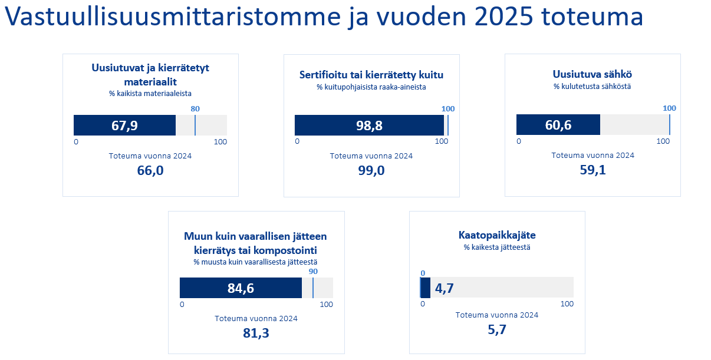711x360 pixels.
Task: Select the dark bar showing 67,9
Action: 124,125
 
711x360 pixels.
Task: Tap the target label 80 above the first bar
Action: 195,108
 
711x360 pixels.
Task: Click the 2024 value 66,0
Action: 150,171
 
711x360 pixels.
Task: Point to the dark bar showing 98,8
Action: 369,125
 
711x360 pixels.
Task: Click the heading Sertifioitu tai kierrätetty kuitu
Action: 371,75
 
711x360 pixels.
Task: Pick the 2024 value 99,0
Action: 371,171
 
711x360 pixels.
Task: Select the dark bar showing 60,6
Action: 558,125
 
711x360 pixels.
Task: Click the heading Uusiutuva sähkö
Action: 592,74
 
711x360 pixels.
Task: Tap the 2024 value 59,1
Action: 592,171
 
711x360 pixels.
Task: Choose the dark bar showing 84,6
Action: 241,288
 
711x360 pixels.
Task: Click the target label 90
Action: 313,272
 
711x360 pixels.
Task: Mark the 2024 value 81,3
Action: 256,333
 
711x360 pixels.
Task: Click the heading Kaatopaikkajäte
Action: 497,235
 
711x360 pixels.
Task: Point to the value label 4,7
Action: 444,288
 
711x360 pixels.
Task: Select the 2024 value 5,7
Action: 497,330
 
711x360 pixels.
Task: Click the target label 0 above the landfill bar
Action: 422,273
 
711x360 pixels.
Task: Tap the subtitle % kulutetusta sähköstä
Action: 592,87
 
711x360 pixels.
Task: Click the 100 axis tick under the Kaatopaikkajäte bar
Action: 567,304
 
